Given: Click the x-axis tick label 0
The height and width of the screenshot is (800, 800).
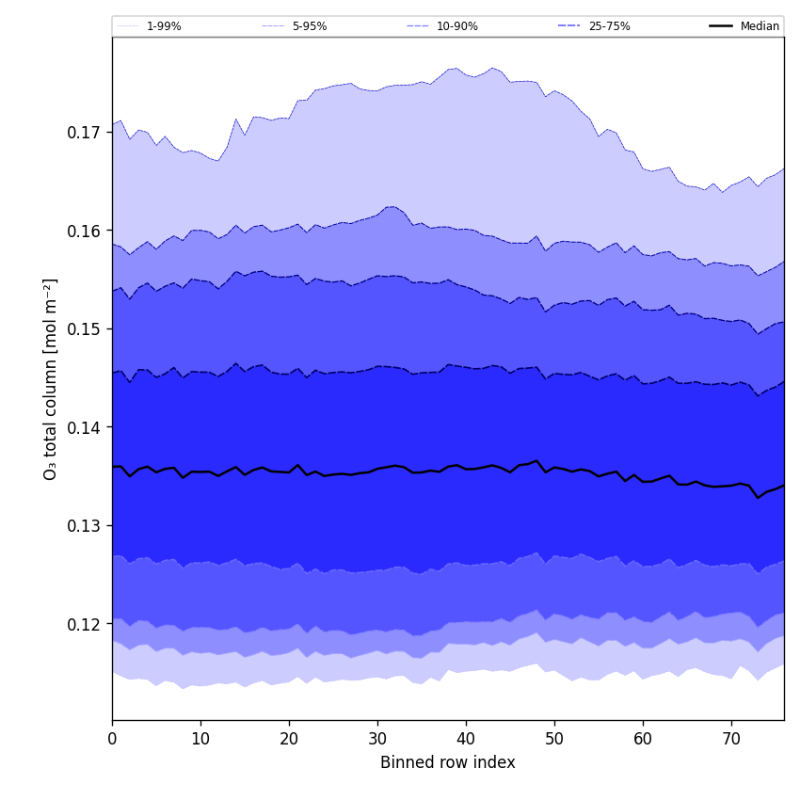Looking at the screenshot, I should (112, 739).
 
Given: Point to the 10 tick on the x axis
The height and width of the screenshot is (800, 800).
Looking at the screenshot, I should (200, 739).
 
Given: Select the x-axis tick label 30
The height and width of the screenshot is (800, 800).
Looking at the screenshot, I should (377, 739).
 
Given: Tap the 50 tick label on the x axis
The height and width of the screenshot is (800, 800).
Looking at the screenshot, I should (554, 739).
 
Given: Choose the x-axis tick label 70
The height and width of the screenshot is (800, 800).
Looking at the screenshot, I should (731, 739).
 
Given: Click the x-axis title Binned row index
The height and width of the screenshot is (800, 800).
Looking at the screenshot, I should (448, 762).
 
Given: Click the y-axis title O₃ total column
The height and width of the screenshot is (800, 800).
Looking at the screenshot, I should (51, 378).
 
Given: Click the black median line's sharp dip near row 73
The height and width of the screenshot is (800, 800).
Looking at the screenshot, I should (758, 497).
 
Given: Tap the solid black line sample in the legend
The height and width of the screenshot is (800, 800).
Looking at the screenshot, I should (722, 26).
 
